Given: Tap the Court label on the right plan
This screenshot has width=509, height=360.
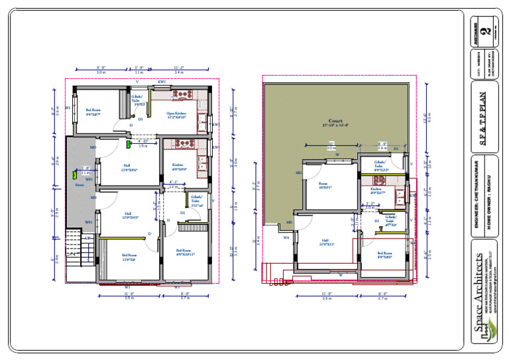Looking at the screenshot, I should (335, 122).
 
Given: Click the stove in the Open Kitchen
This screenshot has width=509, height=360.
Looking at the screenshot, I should (182, 96).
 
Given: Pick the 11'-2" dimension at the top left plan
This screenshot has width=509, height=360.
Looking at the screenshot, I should (179, 68).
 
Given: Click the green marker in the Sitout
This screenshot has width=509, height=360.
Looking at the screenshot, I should (75, 176).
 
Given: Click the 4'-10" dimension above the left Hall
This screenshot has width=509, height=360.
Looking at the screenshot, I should (143, 141).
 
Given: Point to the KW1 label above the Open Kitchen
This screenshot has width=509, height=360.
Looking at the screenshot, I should (162, 82).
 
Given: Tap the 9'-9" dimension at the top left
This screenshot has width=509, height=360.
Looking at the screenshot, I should (101, 68).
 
